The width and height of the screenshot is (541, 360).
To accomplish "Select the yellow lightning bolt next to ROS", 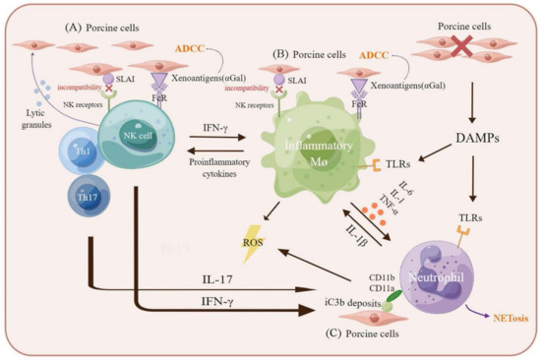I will [x=268, y=250].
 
